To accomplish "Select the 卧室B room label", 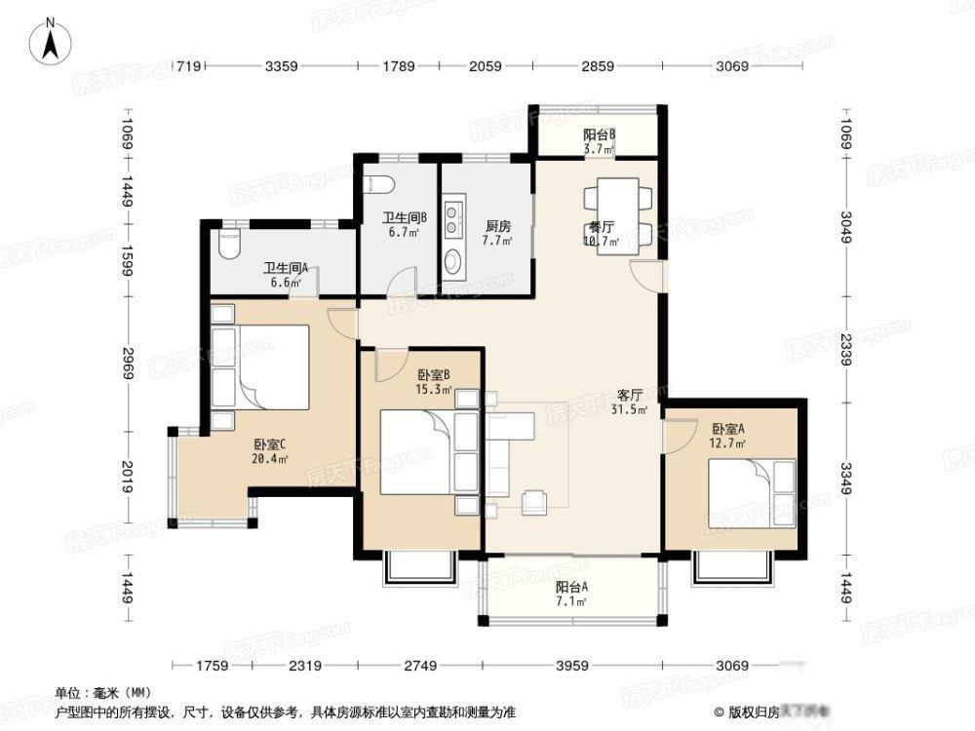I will [433, 375].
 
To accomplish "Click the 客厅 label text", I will [629, 395].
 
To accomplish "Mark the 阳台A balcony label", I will [571, 588].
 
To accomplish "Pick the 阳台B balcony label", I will [599, 135].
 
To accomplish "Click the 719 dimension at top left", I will [187, 66].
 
